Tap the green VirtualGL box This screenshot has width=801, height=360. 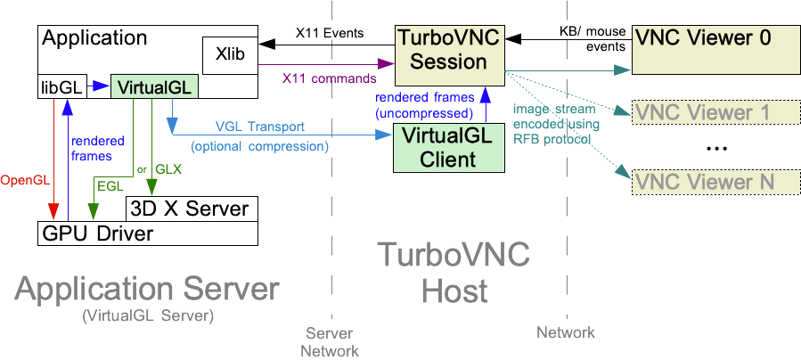click(153, 86)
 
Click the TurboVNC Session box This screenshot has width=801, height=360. click(449, 50)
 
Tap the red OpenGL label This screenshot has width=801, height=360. click(27, 180)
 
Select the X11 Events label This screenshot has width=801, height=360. click(330, 34)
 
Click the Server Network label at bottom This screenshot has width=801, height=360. click(330, 341)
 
